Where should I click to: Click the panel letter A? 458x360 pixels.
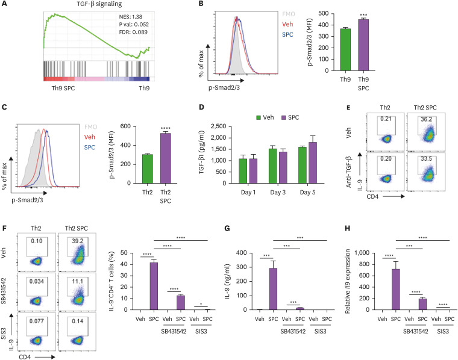(5, 5)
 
